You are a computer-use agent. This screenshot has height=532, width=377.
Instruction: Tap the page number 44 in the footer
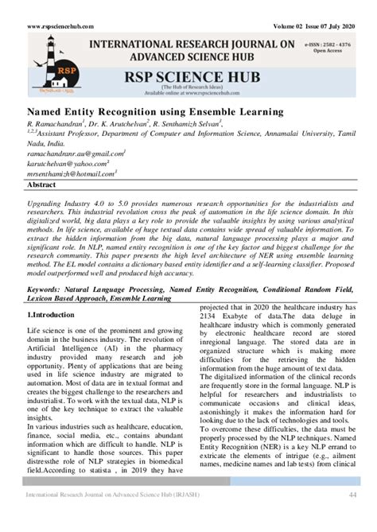[x=351, y=519]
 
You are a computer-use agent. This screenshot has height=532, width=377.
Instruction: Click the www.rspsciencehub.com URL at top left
[x=64, y=26]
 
